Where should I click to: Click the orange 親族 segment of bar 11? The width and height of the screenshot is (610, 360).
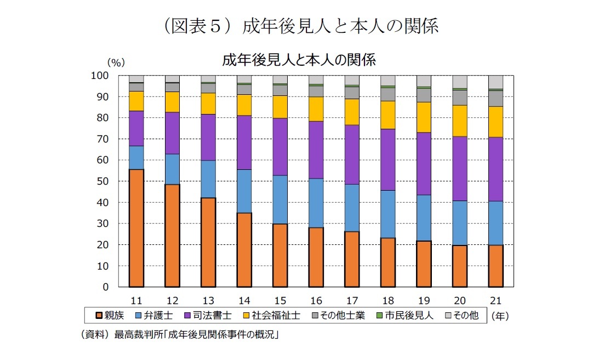pos(136,227)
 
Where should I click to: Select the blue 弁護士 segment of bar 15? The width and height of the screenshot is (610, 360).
pos(280,199)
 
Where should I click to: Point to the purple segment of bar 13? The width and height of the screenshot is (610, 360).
pos(208,137)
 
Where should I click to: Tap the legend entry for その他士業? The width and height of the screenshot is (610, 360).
pos(338,315)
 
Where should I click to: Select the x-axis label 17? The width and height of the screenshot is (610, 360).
pos(352,301)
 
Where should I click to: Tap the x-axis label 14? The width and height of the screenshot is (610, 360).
pos(244,301)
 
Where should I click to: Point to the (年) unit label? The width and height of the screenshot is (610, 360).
pos(500,316)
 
